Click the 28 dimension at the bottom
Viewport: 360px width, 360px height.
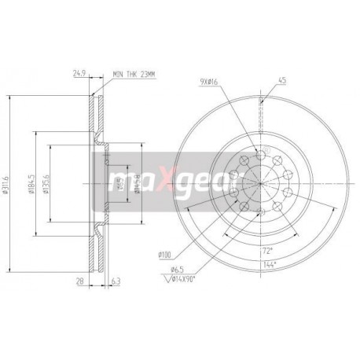pyautogui.click(x=79, y=277)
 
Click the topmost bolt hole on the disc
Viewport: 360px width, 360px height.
pyautogui.click(x=260, y=155)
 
